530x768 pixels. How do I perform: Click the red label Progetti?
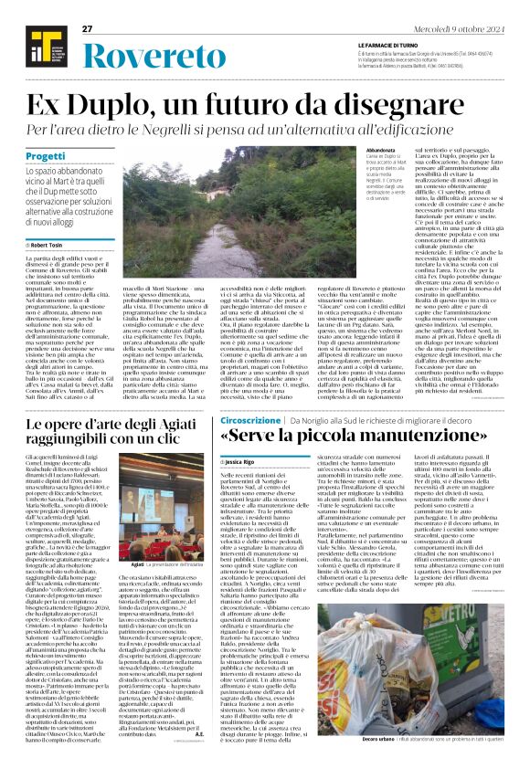pos(45,156)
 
